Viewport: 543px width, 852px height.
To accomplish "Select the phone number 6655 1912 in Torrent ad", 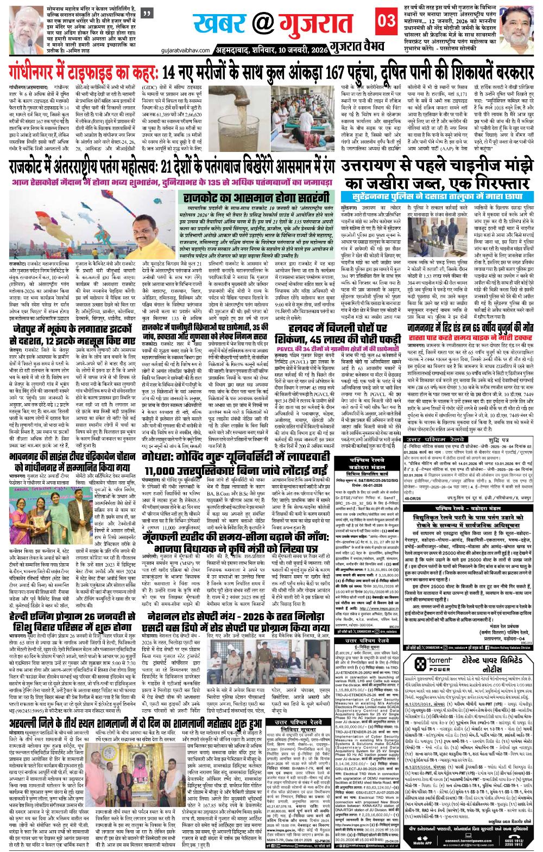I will click(522, 837).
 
